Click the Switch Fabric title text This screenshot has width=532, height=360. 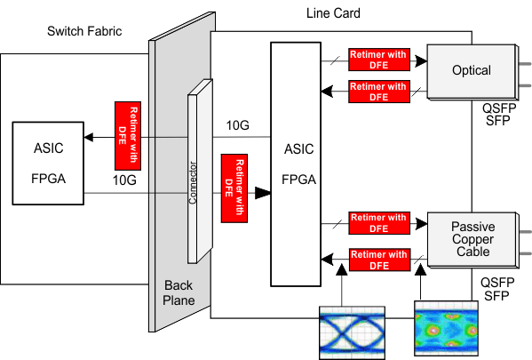[84, 32]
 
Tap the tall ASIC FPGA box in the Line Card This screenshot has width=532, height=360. [297, 165]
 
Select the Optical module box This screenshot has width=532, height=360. [471, 71]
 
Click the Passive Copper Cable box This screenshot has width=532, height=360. [471, 240]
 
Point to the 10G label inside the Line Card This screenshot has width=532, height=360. [239, 125]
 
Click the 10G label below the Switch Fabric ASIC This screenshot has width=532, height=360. [124, 180]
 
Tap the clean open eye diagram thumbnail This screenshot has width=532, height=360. [351, 332]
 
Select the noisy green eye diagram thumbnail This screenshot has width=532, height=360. [445, 329]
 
